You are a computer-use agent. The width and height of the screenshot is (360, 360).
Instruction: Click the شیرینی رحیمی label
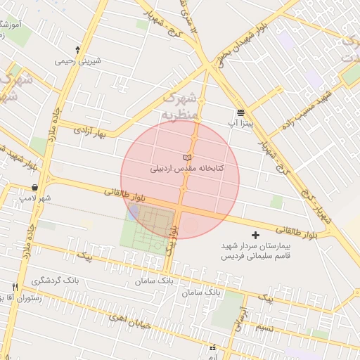[78, 60]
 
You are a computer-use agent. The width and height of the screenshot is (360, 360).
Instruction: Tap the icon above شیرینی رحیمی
[77, 50]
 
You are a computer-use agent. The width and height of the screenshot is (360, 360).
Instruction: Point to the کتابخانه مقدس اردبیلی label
[186, 169]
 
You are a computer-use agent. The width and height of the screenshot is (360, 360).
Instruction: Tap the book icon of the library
[186, 156]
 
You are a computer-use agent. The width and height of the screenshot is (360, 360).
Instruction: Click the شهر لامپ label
[35, 198]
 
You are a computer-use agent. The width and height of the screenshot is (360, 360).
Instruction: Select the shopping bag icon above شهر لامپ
[35, 187]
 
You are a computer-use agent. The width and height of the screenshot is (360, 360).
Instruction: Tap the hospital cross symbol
[255, 234]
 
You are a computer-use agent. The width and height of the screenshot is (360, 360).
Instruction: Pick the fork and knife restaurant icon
[15, 287]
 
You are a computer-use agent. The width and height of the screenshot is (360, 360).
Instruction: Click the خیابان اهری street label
[131, 320]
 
